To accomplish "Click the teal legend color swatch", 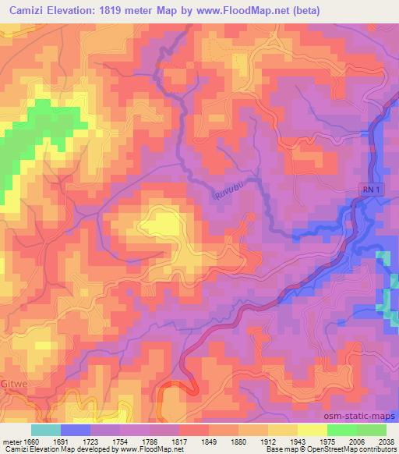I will point(46,429).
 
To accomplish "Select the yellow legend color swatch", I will point(312,429).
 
